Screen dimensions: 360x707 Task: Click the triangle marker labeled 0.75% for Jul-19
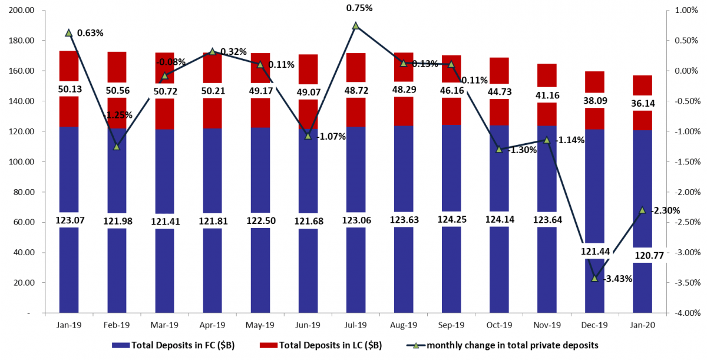tap(355, 26)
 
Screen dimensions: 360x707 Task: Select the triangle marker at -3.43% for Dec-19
tap(594, 278)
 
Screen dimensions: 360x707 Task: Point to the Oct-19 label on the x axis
tap(499, 325)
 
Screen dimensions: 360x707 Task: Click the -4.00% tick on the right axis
tap(685, 313)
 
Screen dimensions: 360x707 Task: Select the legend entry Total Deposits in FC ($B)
tap(174, 345)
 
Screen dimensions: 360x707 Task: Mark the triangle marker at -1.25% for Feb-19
tap(117, 146)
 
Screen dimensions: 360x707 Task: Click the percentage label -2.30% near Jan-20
tap(663, 210)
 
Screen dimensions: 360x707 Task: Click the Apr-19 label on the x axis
tap(212, 325)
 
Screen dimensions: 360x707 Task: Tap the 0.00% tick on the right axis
tap(685, 71)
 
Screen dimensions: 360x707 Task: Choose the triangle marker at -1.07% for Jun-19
tap(308, 136)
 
